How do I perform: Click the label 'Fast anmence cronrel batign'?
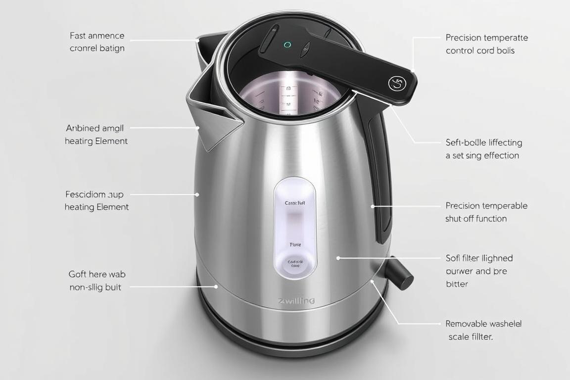(x=97, y=42)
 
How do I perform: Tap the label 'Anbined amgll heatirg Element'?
(x=96, y=135)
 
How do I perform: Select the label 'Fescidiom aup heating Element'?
(x=96, y=200)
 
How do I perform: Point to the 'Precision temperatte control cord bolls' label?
(x=486, y=44)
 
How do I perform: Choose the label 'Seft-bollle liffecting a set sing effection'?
(x=483, y=149)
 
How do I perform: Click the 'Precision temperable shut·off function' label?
(x=486, y=212)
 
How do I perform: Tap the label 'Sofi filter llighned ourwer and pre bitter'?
(x=479, y=271)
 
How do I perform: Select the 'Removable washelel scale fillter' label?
(x=483, y=330)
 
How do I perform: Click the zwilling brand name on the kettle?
(x=296, y=301)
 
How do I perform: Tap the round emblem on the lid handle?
(x=396, y=83)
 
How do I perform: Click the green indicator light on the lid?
(x=287, y=45)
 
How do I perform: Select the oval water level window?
(x=295, y=228)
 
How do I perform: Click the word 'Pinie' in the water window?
(x=295, y=244)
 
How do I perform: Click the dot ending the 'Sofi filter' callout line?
(x=338, y=258)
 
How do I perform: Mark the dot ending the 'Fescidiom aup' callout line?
(x=197, y=194)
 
